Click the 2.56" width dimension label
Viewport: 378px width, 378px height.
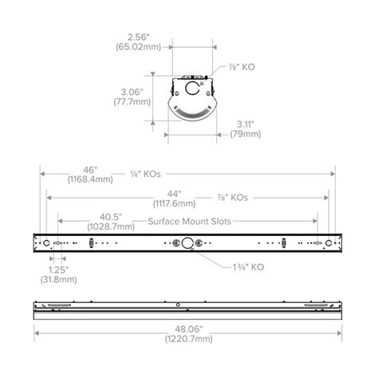click(139, 37)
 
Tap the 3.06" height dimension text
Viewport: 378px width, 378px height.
click(132, 93)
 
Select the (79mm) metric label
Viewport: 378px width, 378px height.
click(246, 134)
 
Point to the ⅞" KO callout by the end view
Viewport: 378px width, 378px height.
click(242, 67)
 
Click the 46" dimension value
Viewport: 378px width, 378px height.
click(90, 170)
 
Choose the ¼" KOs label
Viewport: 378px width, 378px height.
click(146, 174)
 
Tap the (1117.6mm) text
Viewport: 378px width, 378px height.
click(174, 203)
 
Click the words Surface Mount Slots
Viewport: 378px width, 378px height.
click(190, 221)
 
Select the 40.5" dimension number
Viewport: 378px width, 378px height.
click(111, 217)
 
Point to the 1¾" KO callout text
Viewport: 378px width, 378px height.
click(249, 267)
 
